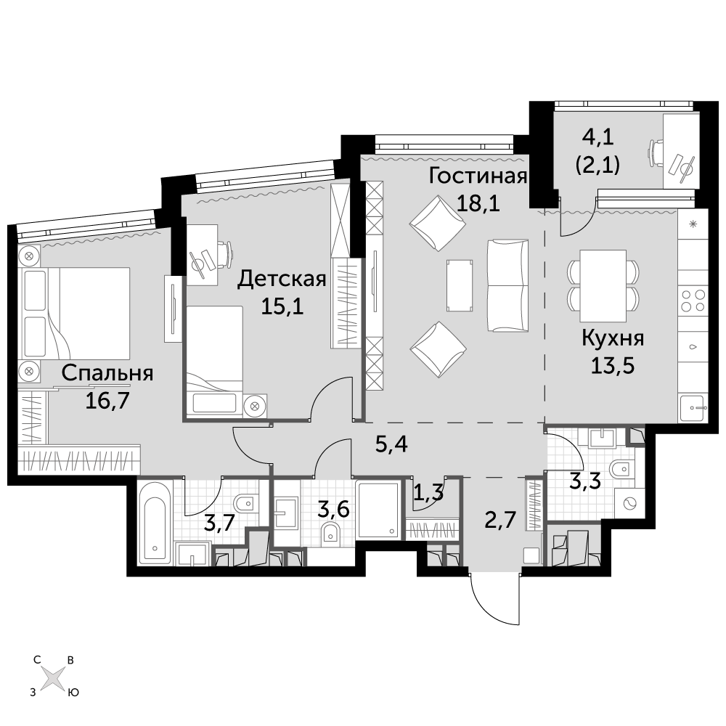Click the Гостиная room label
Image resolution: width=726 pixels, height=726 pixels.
coord(478,176)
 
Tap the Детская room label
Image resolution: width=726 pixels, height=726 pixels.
coord(282,280)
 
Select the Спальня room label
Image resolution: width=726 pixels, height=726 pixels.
coord(107,373)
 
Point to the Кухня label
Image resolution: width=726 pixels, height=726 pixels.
coord(613,338)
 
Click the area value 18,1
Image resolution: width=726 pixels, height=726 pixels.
coord(478,203)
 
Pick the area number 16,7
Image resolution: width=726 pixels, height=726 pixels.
coord(107,401)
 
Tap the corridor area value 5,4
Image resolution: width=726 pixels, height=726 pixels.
coord(391,444)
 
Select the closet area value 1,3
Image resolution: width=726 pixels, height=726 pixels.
coord(428,494)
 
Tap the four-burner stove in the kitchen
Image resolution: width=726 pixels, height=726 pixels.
coord(693,301)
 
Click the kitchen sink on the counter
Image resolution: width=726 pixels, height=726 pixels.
coord(693,407)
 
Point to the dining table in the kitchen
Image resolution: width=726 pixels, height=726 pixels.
coord(603,285)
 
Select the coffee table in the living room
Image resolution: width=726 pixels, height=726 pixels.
coord(460,285)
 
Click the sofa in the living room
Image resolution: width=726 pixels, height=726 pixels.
coord(507,285)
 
